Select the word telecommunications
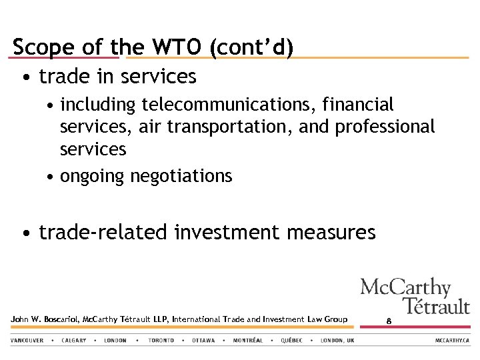[229, 105]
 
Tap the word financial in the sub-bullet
[358, 105]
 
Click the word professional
[385, 127]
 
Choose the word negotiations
[181, 176]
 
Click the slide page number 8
[389, 321]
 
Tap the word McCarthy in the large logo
[405, 288]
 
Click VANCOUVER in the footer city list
[27, 341]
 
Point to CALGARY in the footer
[73, 341]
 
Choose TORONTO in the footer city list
[161, 341]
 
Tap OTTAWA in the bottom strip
[203, 341]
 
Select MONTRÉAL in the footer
[248, 341]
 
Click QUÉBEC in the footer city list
[291, 341]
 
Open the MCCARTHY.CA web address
[453, 341]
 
